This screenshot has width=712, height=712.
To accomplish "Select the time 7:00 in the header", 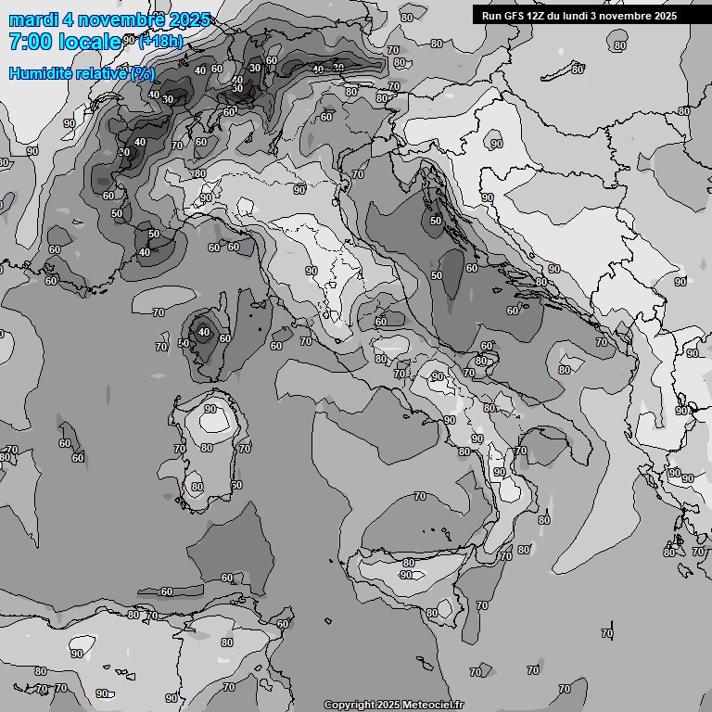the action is (x=27, y=42).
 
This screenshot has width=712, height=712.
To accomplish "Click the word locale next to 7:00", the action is (x=89, y=42).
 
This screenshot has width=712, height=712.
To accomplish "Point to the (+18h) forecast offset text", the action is (x=160, y=42).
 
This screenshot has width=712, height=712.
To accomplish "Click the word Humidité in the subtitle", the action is (x=43, y=73).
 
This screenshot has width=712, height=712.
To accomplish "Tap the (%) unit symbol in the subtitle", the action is (x=143, y=73).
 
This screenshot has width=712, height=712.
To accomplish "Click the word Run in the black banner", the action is (x=491, y=16).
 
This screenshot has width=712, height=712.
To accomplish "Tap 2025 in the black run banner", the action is (x=665, y=16).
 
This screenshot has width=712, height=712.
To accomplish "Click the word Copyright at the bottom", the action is (x=349, y=705).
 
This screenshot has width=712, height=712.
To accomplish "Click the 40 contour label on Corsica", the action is (x=203, y=332).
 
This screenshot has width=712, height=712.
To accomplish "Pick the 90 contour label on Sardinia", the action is (x=210, y=409).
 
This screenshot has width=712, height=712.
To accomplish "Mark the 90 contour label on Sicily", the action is (x=405, y=575).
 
